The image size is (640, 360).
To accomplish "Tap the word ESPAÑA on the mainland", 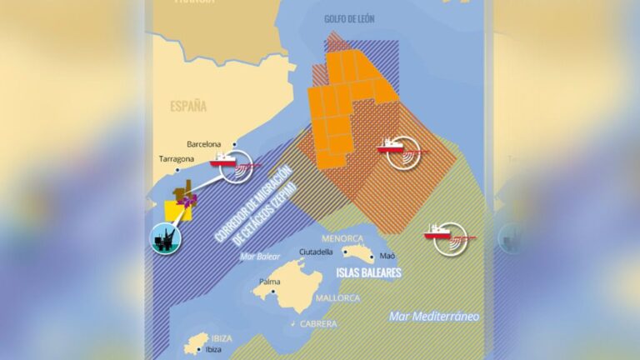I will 187,106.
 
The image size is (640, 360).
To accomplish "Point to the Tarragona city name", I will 177,159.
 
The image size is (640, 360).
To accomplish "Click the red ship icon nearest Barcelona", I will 225,157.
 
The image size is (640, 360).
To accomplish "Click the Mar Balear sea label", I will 258,256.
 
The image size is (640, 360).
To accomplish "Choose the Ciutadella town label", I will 315,251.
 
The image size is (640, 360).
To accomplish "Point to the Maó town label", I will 387,256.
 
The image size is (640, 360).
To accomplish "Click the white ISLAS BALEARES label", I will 368,272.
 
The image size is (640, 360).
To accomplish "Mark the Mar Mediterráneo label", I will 434,317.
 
